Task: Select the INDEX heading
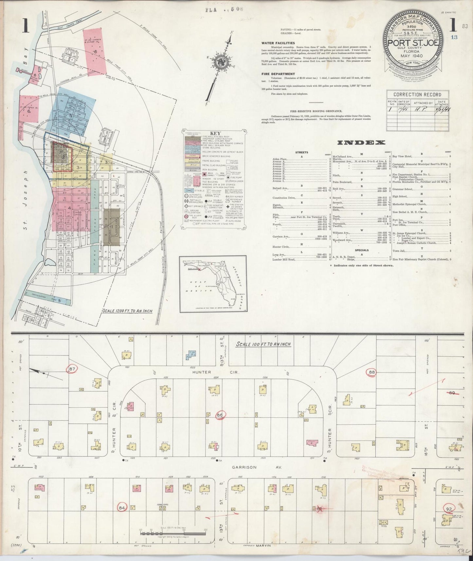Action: point(361,143)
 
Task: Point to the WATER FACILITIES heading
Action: point(278,43)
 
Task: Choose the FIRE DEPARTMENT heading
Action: point(278,74)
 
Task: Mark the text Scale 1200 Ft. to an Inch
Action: point(127,311)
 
